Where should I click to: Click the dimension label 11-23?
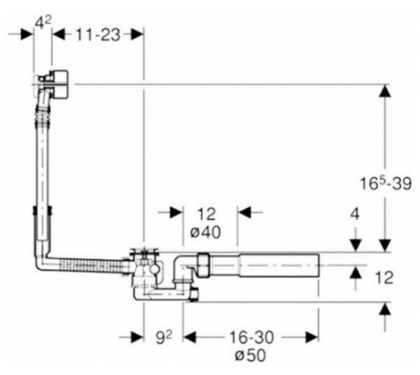click(x=97, y=35)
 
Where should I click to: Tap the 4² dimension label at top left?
click(x=43, y=23)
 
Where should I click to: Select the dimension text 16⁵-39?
click(x=385, y=183)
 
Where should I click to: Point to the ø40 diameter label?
click(x=205, y=232)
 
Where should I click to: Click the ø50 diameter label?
click(x=250, y=355)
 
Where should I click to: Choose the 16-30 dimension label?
click(x=251, y=337)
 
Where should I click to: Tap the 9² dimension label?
click(x=163, y=337)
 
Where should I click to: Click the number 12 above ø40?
click(x=206, y=214)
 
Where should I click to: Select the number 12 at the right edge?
click(x=384, y=277)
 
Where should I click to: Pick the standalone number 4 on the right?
click(x=355, y=214)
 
